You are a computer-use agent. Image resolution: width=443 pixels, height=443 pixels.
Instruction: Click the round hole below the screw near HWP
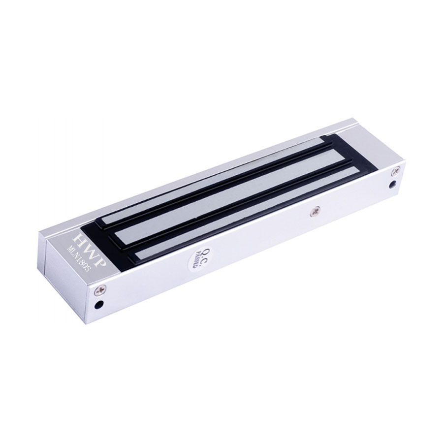tap(98, 305)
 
